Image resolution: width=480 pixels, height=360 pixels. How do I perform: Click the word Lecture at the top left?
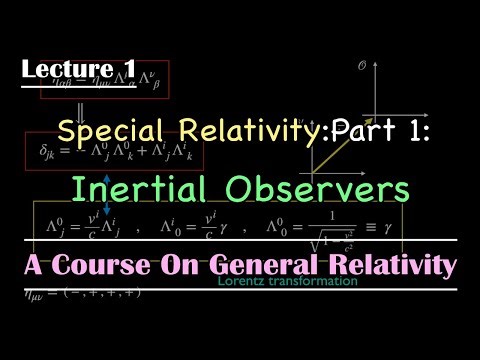61,69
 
